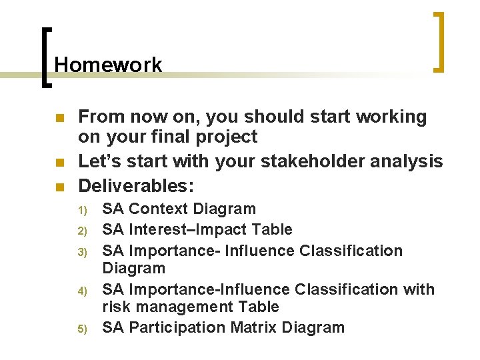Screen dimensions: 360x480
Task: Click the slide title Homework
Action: pos(108,65)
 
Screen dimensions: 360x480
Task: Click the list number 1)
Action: pos(83,210)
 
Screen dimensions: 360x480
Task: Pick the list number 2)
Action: pos(83,231)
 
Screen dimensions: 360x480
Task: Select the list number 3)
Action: pos(83,252)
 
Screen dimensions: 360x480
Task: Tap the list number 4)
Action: pos(83,291)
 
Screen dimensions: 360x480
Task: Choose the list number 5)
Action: pos(83,329)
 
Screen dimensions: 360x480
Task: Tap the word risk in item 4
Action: pos(115,307)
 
